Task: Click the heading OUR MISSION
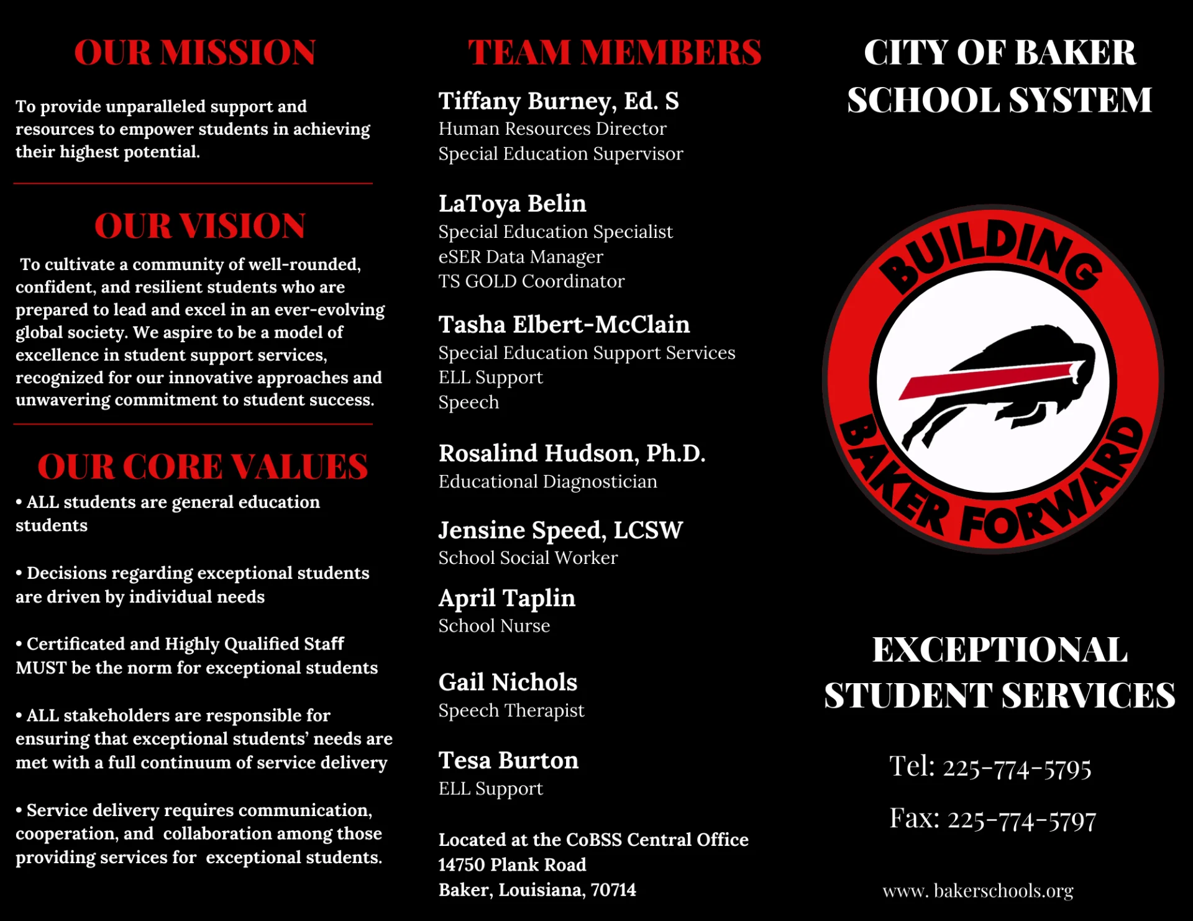pos(194,52)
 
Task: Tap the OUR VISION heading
pos(199,225)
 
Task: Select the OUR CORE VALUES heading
pos(203,466)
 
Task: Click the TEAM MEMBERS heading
pos(614,52)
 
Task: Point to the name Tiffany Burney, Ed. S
pos(558,101)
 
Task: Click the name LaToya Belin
pos(512,204)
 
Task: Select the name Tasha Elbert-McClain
pos(564,325)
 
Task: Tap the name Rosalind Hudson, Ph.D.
pos(572,453)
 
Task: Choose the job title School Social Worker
pos(528,558)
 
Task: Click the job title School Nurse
pos(494,625)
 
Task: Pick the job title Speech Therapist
pos(511,710)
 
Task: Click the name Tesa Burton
pos(508,761)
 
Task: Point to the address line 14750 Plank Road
pos(512,864)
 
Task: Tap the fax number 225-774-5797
pos(1021,820)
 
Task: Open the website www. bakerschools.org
pos(977,891)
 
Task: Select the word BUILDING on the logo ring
pos(991,252)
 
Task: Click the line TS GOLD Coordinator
pos(531,281)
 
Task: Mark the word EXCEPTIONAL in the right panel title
pos(999,650)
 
